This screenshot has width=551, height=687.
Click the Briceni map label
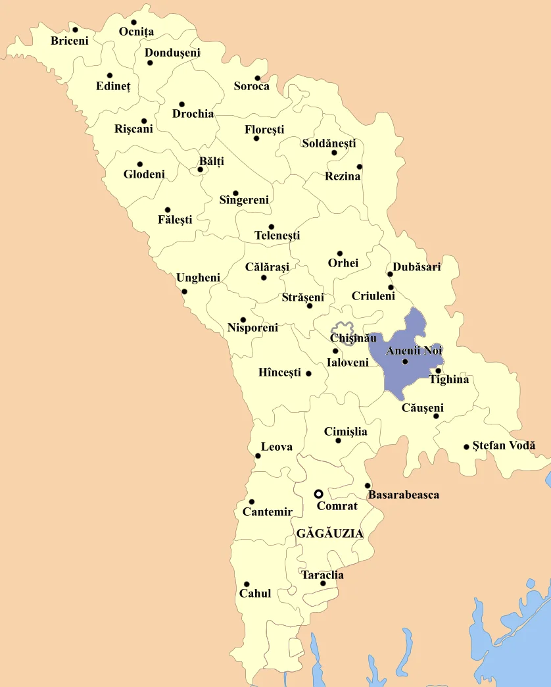69,41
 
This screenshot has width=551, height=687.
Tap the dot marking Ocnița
133,22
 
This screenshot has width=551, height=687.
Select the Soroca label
251,86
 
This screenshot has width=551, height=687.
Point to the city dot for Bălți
200,170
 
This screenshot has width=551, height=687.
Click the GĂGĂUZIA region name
330,534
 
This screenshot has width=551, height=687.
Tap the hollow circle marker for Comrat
318,494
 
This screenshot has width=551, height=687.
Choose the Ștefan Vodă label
504,445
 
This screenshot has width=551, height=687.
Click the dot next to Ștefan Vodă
466,447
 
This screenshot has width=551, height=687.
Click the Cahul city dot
247,584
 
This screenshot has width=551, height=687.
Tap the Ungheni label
198,278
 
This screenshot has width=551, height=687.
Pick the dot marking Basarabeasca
368,486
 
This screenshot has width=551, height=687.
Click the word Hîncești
279,373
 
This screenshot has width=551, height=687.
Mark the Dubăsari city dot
390,274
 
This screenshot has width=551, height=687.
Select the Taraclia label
322,575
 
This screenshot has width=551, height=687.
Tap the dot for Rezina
359,166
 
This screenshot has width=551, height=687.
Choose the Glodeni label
144,174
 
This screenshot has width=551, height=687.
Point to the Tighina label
449,380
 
